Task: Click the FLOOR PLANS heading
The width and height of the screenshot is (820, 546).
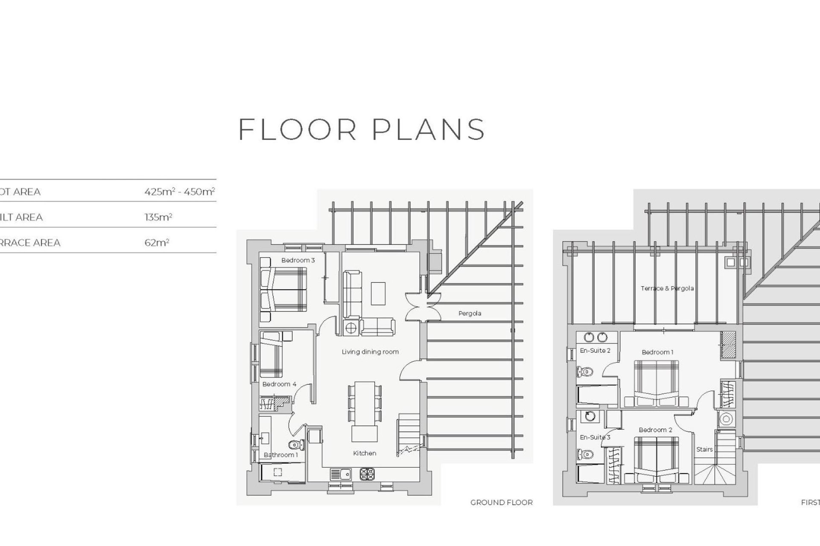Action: (361, 129)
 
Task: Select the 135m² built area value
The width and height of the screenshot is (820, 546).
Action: (158, 217)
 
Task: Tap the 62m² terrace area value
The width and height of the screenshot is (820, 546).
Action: (157, 243)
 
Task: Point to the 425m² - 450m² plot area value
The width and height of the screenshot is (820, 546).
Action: (179, 192)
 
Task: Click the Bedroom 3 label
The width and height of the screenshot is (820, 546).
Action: (298, 260)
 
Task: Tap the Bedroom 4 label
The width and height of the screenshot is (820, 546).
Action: (279, 384)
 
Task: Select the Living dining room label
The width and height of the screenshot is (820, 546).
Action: (370, 352)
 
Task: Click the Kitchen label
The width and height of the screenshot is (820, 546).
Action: (364, 453)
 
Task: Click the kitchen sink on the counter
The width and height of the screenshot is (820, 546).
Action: (340, 473)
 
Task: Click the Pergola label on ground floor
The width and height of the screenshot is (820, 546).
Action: (469, 314)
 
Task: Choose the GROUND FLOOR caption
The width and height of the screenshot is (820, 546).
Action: (501, 502)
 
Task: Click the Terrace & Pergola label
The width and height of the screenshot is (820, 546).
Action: (667, 288)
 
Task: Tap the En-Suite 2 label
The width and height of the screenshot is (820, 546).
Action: (595, 351)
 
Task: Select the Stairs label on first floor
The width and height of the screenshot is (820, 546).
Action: (704, 449)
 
